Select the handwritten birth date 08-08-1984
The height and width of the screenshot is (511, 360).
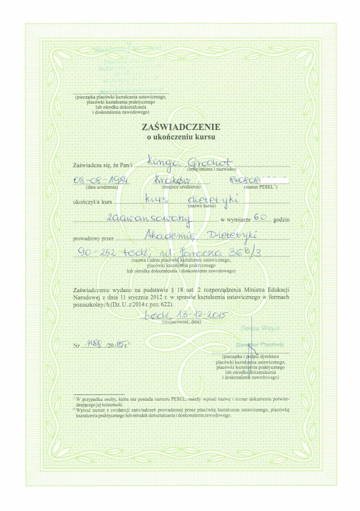[99, 180]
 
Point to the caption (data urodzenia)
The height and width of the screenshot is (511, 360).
[102, 187]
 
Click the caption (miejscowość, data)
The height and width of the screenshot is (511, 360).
[181, 324]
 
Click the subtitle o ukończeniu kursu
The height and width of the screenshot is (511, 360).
[181, 136]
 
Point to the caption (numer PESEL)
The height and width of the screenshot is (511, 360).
[259, 187]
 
